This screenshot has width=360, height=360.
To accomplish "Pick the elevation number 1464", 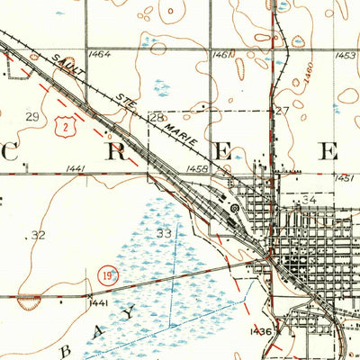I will [x=100, y=55].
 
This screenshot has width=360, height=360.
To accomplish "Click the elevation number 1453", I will [x=345, y=56].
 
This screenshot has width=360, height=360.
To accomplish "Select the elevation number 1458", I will [x=198, y=168].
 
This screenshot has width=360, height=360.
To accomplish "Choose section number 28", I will [x=156, y=118].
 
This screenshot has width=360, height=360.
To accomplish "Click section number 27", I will [x=282, y=112].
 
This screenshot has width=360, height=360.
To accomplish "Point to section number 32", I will [x=37, y=235].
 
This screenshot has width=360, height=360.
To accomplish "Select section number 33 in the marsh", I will [x=163, y=233].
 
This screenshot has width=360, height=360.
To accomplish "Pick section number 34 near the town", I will [x=310, y=199].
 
